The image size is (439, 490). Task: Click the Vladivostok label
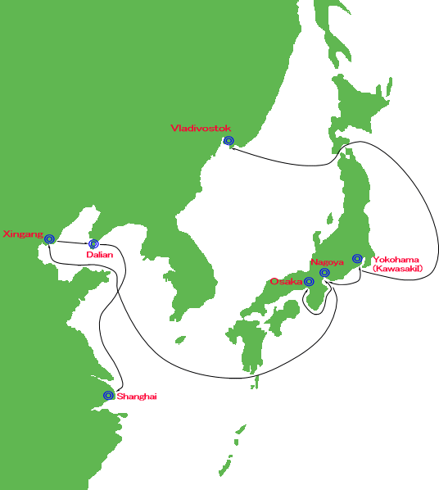click(x=201, y=128)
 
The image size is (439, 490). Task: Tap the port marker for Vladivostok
click(x=229, y=141)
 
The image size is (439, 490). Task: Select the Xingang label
click(x=23, y=234)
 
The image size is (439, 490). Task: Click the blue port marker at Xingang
click(x=49, y=239)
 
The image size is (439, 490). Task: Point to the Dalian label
click(x=100, y=255)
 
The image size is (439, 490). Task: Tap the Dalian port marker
click(x=93, y=243)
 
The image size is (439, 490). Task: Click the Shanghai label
click(x=137, y=397)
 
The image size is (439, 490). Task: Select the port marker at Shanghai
click(x=108, y=395)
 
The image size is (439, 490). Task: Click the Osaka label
click(x=286, y=282)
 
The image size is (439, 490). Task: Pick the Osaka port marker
click(x=309, y=282)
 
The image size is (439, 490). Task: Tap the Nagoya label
click(x=327, y=262)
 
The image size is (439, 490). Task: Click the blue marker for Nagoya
click(x=324, y=273)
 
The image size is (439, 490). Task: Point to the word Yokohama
click(x=396, y=260)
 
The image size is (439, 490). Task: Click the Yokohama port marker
click(x=357, y=258)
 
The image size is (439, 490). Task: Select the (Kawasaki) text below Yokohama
click(x=398, y=269)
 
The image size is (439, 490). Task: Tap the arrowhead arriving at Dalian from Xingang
click(x=87, y=243)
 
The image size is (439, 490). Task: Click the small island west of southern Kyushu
click(x=180, y=340)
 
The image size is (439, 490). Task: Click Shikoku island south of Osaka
click(x=283, y=315)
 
